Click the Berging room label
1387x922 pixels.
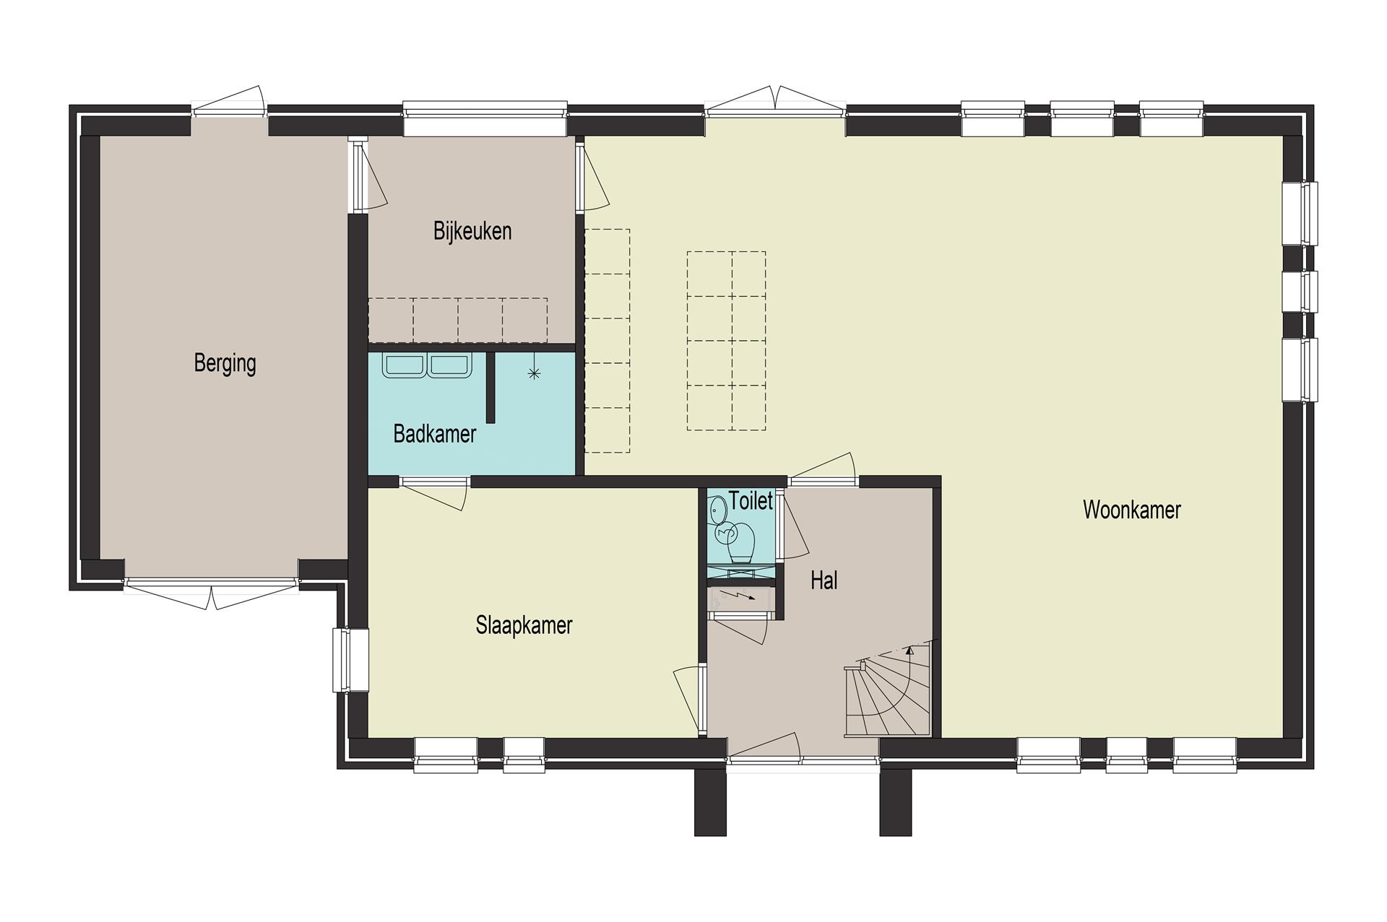[225, 363]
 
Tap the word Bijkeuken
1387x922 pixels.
[472, 231]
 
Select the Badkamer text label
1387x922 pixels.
[434, 434]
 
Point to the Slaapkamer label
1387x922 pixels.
[524, 625]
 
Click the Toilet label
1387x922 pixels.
[751, 500]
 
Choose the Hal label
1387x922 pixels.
[824, 580]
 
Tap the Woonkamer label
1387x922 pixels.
[1131, 510]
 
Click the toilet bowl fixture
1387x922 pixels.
[740, 542]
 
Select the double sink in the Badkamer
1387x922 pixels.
[427, 365]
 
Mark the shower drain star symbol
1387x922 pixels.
[534, 373]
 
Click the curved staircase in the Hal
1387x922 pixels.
[888, 690]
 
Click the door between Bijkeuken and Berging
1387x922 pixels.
[367, 175]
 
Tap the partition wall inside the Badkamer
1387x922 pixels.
[491, 387]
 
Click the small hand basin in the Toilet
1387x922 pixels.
[717, 510]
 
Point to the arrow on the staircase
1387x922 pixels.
[909, 649]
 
